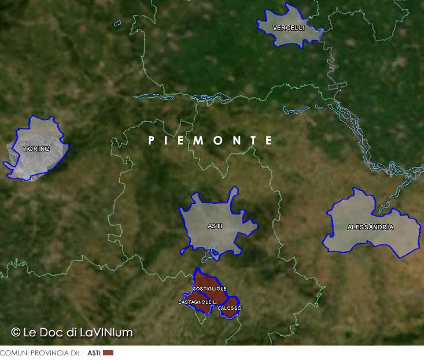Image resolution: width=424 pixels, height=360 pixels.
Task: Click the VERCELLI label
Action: click(x=289, y=28)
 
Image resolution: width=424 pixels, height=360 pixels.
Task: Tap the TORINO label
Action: click(x=36, y=149)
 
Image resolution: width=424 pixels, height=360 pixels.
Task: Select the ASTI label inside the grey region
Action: click(x=215, y=226)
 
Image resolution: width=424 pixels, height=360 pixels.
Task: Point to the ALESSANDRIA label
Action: click(x=370, y=227)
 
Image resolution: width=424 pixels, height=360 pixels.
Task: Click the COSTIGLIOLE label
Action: click(x=209, y=288)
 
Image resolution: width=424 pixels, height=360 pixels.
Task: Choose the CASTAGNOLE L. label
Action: click(x=197, y=302)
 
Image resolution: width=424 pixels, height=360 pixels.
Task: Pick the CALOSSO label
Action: click(x=230, y=308)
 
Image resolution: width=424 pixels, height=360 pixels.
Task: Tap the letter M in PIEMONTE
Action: click(x=201, y=140)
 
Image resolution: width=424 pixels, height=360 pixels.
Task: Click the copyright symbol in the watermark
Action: click(x=16, y=332)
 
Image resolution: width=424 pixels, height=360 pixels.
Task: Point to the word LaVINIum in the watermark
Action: click(x=106, y=332)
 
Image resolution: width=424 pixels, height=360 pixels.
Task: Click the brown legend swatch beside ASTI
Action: click(x=108, y=352)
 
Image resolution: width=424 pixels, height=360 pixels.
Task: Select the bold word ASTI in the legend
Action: click(x=94, y=352)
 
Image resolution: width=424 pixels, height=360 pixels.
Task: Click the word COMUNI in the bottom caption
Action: click(x=12, y=352)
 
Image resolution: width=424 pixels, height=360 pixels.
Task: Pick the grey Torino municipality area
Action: click(x=35, y=162)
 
